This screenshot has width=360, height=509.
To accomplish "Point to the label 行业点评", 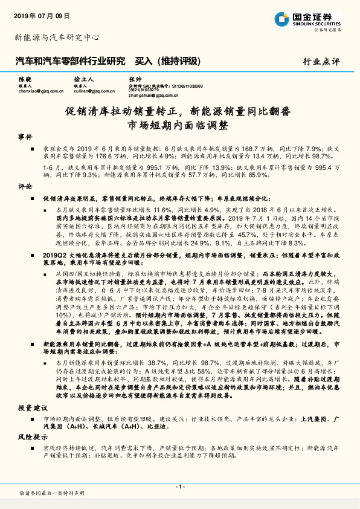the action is click(x=321, y=62).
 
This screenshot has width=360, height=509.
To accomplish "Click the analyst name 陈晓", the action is click(x=25, y=80).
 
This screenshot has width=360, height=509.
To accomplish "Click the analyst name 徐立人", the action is click(x=83, y=80).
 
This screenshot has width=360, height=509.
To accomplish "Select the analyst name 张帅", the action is click(x=135, y=80).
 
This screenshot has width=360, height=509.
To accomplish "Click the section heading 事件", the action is click(x=25, y=138).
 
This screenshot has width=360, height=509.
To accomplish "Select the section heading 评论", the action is click(x=25, y=187).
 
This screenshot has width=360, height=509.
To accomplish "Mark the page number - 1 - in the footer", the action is click(x=179, y=487).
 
